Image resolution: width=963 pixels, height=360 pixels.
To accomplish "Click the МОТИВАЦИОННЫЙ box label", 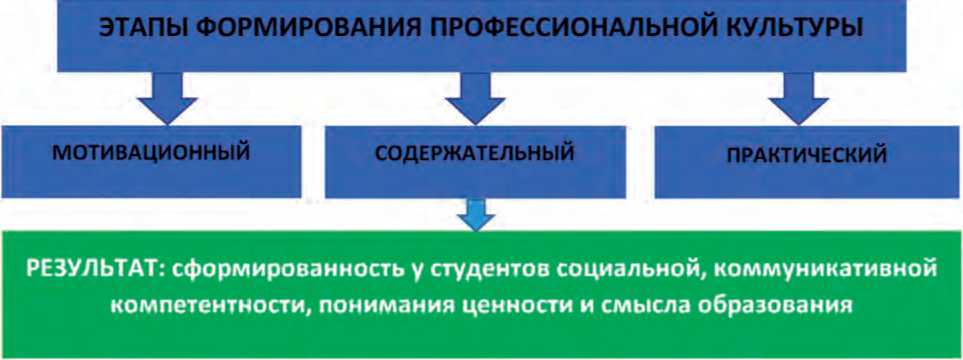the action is [151, 152].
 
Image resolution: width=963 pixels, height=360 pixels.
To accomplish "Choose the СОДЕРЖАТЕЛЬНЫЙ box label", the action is [475, 152].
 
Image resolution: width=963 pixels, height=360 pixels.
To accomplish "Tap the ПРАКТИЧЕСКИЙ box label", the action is [807, 155].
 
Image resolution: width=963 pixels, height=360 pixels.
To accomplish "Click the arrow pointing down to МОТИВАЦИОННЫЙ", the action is [167, 98].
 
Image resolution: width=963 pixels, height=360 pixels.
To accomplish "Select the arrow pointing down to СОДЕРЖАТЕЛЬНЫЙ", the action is [475, 98].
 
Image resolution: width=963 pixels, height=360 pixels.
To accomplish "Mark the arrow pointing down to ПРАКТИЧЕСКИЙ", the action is [798, 98].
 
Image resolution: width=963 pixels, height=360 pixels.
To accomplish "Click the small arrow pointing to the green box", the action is [476, 214].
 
